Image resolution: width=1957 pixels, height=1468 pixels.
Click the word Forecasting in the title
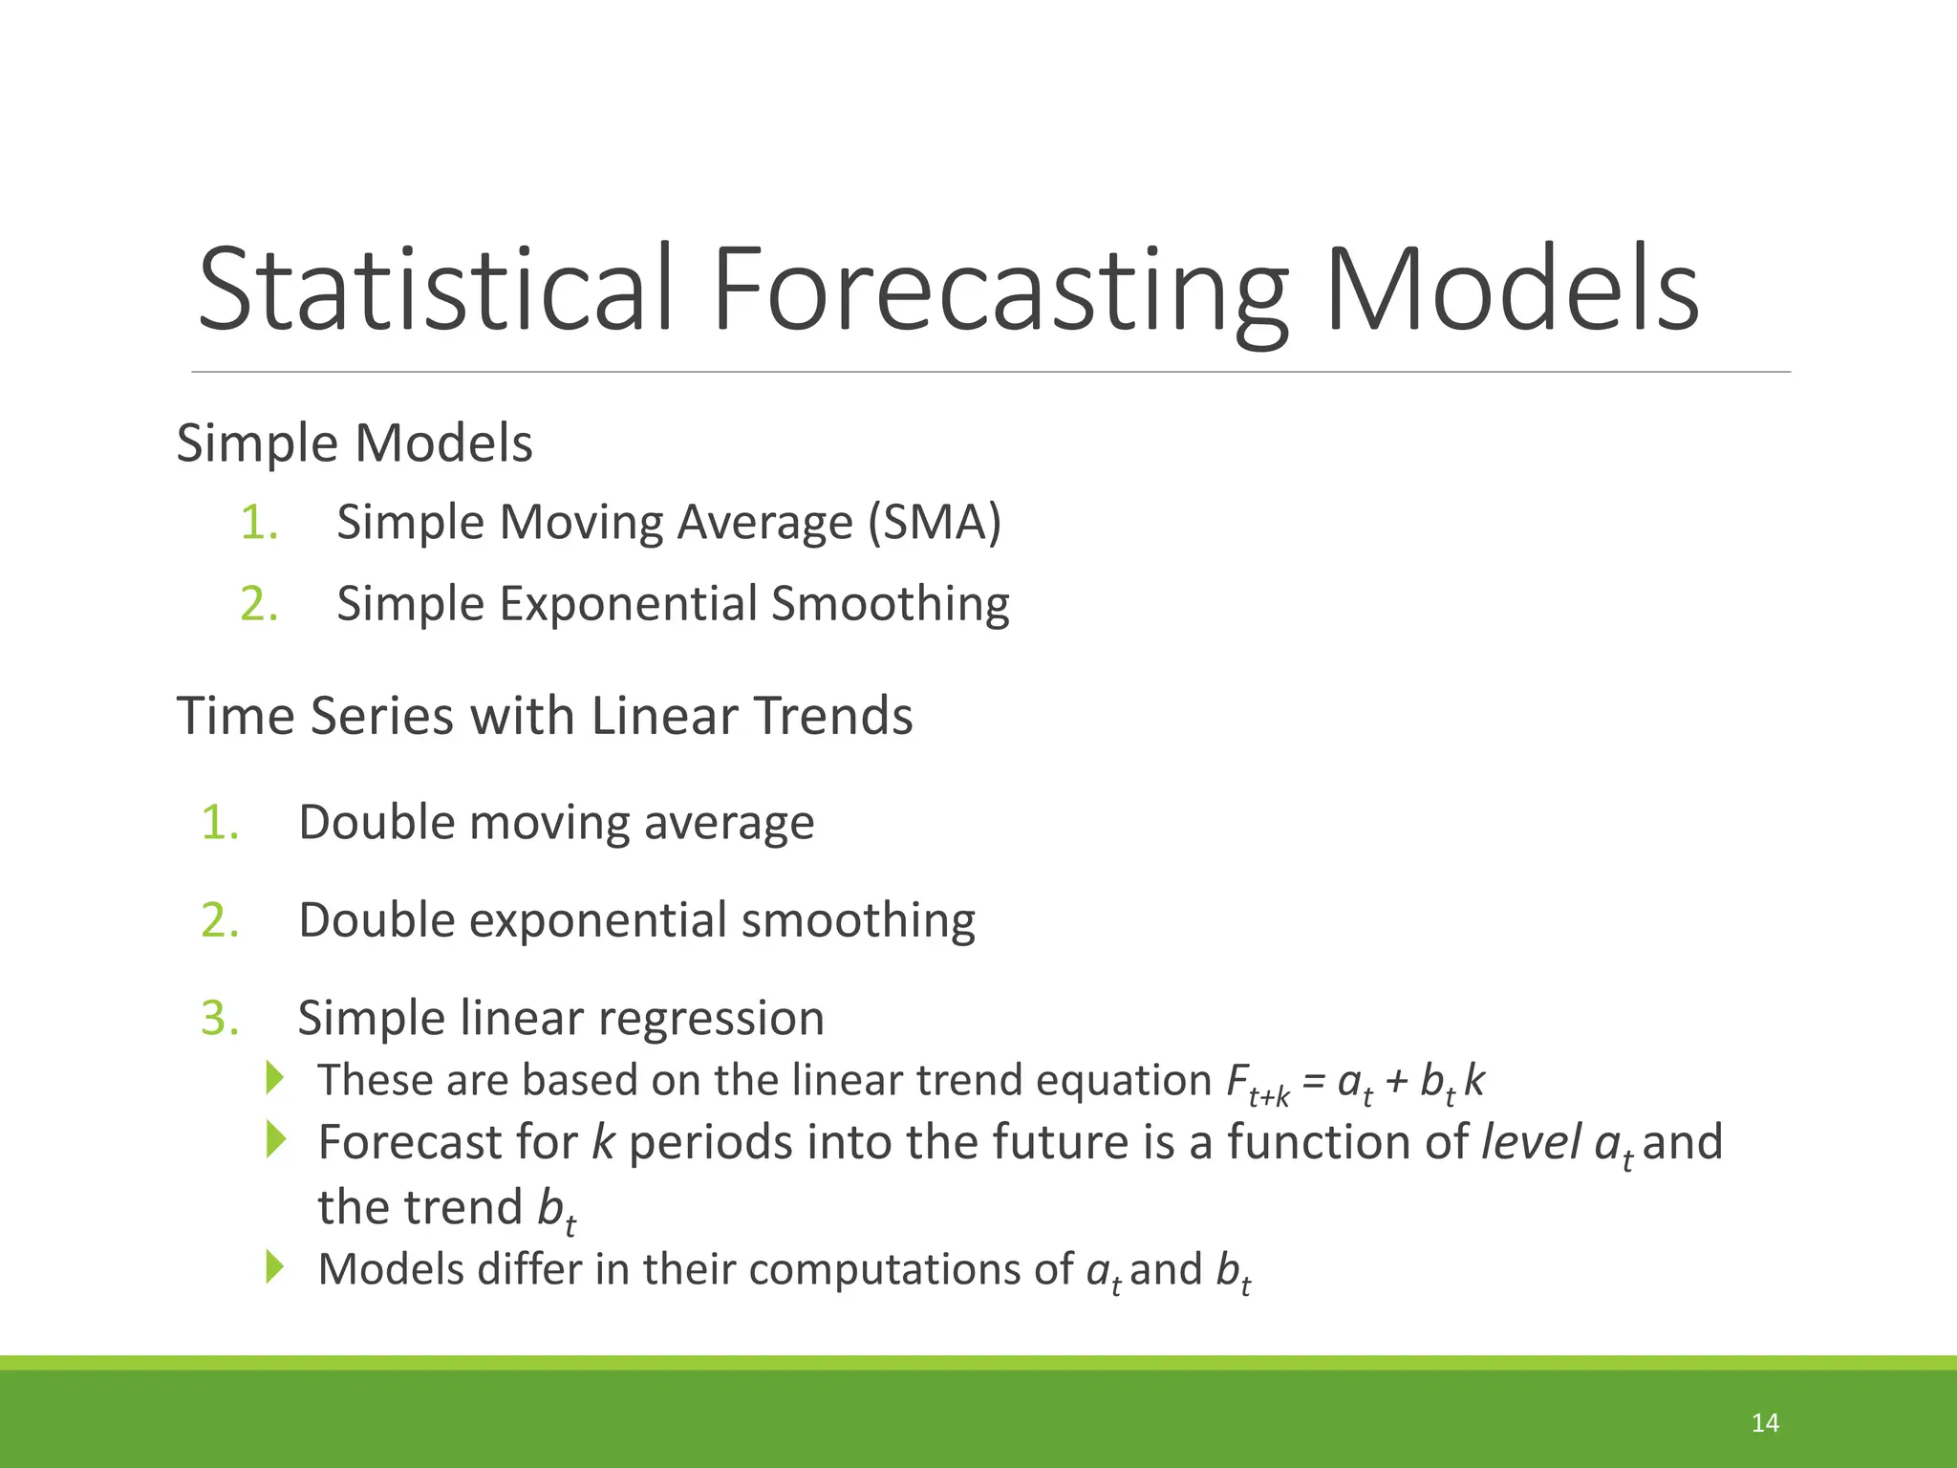click(x=1000, y=289)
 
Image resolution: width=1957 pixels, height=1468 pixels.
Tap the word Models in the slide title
click(x=1512, y=289)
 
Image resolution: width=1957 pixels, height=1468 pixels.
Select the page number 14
click(x=1765, y=1423)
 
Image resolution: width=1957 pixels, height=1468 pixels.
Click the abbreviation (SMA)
click(x=934, y=523)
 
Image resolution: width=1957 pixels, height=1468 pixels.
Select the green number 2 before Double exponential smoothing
click(x=219, y=920)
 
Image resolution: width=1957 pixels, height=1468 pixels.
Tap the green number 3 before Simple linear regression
click(x=219, y=1018)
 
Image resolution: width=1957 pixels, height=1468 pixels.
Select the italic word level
click(x=1531, y=1142)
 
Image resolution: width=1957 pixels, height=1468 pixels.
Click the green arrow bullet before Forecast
click(x=275, y=1139)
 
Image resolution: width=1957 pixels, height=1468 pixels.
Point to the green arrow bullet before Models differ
click(x=275, y=1266)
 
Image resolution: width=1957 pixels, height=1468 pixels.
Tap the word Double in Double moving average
click(x=376, y=822)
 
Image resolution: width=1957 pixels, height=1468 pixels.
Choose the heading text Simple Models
click(x=355, y=443)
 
